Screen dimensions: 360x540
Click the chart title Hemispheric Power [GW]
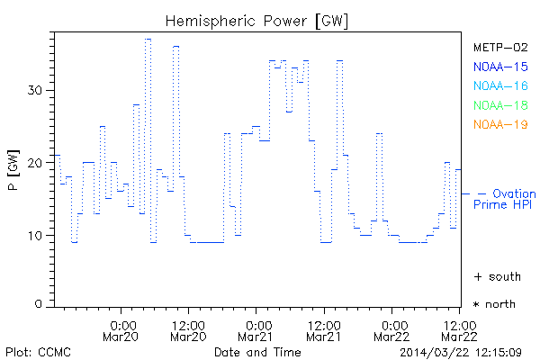(x=257, y=21)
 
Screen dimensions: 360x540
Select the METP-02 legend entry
(x=499, y=47)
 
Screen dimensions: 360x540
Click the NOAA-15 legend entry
(x=499, y=66)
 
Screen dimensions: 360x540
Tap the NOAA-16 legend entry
(x=499, y=85)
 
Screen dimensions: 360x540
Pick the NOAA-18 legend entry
(x=499, y=105)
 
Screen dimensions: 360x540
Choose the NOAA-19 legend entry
(x=499, y=124)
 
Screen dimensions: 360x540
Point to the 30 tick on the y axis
(x=38, y=90)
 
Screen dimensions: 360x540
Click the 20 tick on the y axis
(x=38, y=163)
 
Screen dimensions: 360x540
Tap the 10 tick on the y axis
(x=38, y=236)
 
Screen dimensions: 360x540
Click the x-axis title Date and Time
(x=257, y=351)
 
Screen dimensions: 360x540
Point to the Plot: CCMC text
(x=38, y=351)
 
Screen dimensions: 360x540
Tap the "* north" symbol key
(x=494, y=304)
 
